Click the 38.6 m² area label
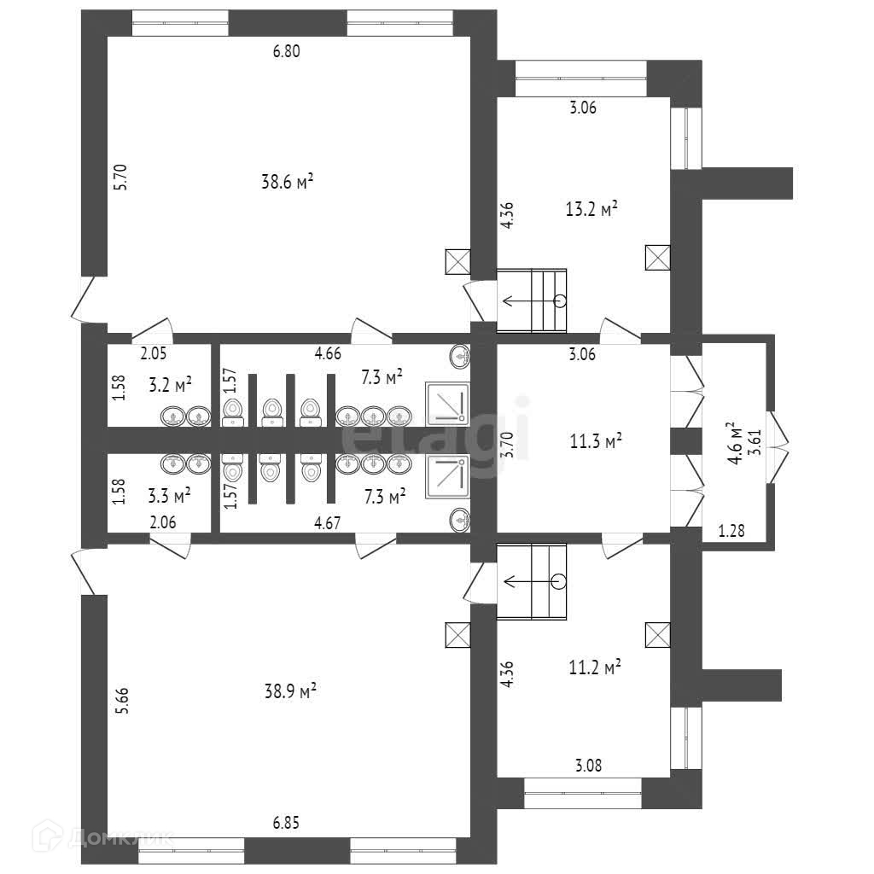point(287,181)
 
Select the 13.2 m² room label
point(591,209)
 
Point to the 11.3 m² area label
point(595,441)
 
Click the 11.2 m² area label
point(593,667)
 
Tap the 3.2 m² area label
point(169,384)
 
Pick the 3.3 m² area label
point(169,493)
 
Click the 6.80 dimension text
point(287,51)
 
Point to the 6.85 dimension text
point(287,824)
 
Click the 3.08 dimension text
point(589,766)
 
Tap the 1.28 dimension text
point(731,531)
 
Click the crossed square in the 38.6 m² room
point(457,261)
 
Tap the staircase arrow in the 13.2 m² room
point(532,300)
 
